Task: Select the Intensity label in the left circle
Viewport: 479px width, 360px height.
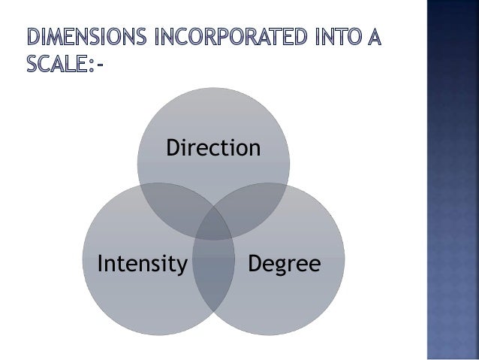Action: click(142, 264)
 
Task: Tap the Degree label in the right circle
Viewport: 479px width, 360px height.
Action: click(284, 264)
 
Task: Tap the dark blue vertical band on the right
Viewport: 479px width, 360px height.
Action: click(452, 180)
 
